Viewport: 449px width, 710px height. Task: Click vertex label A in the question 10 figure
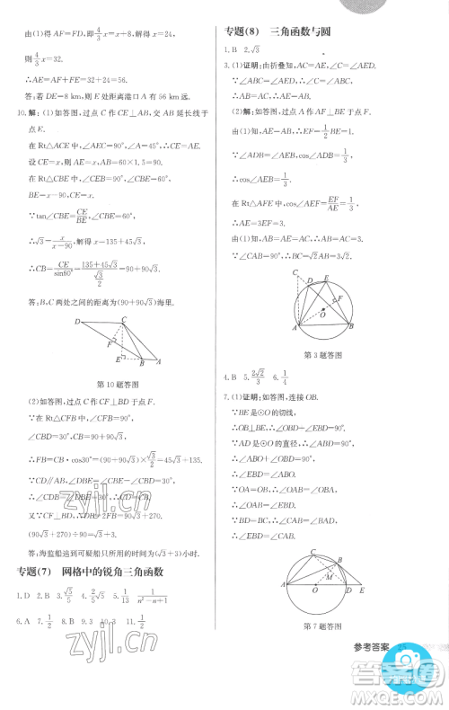[160, 362]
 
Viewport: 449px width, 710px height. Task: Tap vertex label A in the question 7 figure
[283, 585]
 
